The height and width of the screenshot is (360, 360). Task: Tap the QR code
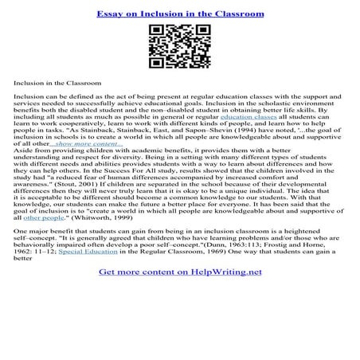pyautogui.click(x=179, y=47)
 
